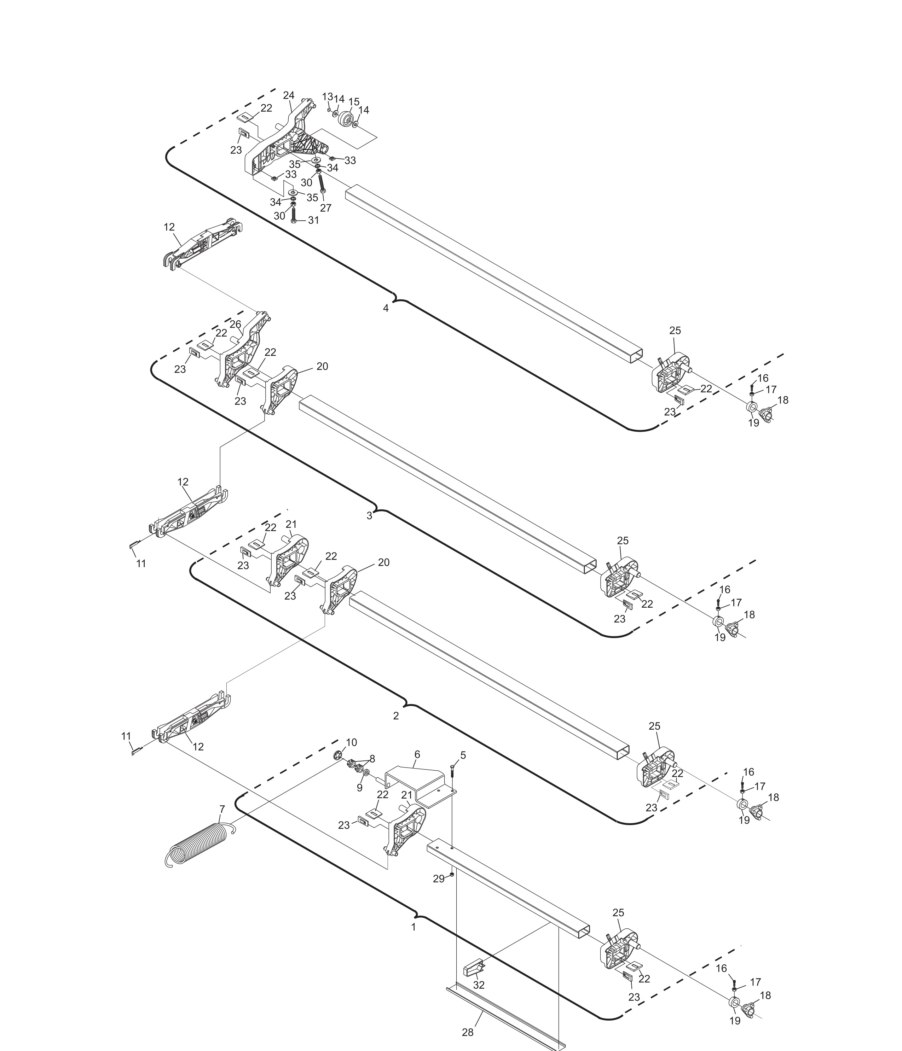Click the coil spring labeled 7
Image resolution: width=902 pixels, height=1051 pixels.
pyautogui.click(x=198, y=845)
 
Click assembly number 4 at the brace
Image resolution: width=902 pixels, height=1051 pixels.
pyautogui.click(x=386, y=308)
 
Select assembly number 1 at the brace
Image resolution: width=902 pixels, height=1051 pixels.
pyautogui.click(x=414, y=927)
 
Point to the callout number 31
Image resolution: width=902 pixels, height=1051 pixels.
pyautogui.click(x=314, y=220)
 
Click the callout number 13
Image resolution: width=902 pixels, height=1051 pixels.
pyautogui.click(x=328, y=97)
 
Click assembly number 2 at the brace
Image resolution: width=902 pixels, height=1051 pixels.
pyautogui.click(x=396, y=716)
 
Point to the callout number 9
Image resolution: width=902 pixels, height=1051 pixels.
pyautogui.click(x=359, y=788)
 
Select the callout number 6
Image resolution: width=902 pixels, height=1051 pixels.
pyautogui.click(x=417, y=754)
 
